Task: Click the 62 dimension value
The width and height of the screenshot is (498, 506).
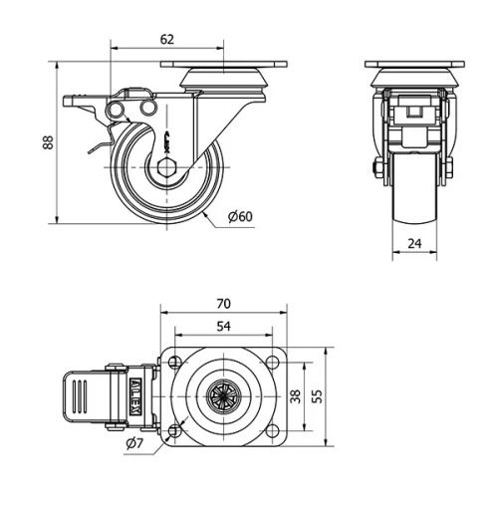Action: click(x=166, y=39)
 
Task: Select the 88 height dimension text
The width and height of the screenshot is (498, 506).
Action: click(x=47, y=142)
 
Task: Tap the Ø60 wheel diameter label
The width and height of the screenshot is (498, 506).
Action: click(x=240, y=217)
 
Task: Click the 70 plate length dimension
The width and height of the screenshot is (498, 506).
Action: click(x=223, y=303)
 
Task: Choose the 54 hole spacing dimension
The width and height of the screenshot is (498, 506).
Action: click(x=223, y=327)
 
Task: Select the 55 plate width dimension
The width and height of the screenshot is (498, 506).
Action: click(x=318, y=395)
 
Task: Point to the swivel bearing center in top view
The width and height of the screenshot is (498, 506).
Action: click(x=223, y=395)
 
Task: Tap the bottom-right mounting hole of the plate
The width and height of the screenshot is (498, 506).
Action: click(x=272, y=429)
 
